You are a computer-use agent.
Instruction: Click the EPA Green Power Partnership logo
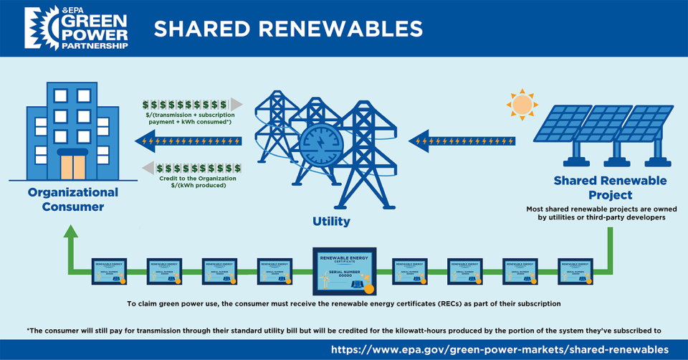[x=76, y=29]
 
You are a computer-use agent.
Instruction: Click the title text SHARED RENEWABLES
[x=287, y=29]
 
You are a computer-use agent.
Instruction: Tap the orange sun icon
[x=522, y=105]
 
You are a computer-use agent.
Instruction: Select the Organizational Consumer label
[x=72, y=199]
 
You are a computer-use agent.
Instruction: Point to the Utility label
[x=331, y=222]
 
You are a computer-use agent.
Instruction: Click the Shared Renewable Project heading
[x=610, y=188]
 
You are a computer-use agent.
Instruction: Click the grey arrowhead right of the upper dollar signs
[x=236, y=105]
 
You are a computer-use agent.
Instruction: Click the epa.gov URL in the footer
[x=499, y=349]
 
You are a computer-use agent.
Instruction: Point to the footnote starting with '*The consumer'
[x=344, y=330]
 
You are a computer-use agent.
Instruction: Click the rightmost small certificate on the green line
[x=575, y=271]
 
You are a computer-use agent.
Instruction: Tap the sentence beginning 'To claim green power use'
[x=344, y=304]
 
